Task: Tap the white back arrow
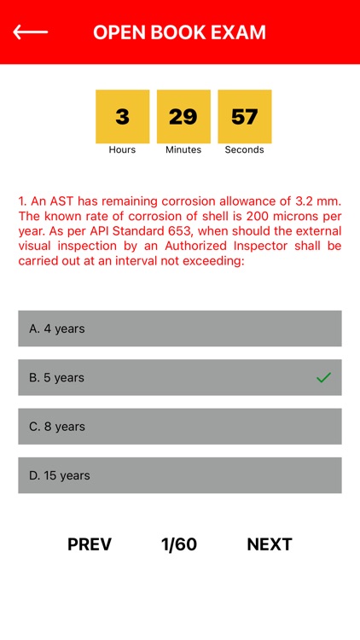pos(30,32)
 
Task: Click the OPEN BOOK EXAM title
pos(179,32)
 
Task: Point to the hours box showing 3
pos(122,116)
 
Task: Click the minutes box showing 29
pos(183,116)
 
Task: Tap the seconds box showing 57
pos(245,116)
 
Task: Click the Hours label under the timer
pos(122,150)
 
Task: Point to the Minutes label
pos(183,150)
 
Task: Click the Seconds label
pos(245,150)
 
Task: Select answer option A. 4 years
pos(179,329)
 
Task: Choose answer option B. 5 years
pos(179,377)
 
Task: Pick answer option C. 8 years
pos(179,427)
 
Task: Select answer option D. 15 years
pos(179,475)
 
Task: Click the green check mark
pos(323,377)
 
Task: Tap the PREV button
pos(90,544)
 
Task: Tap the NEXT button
pos(270,544)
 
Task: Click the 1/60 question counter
pos(179,544)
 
